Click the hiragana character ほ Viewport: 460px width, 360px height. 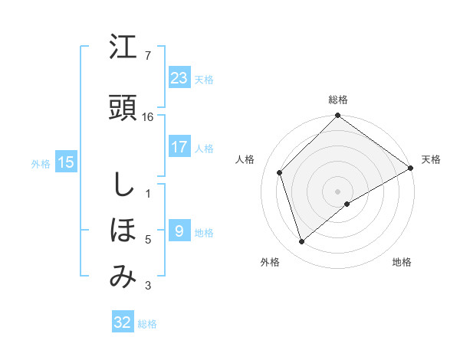click(x=123, y=230)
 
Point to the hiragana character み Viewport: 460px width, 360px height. click(x=123, y=277)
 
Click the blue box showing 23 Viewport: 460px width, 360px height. click(x=179, y=77)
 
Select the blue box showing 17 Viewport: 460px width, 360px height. click(x=179, y=147)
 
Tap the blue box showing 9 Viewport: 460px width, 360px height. click(x=179, y=231)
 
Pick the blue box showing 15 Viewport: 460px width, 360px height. click(x=66, y=162)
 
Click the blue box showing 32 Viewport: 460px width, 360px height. click(x=123, y=322)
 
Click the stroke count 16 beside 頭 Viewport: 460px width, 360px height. click(x=149, y=116)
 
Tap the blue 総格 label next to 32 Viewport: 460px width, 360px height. click(x=147, y=324)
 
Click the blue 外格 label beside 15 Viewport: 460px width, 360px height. click(x=41, y=163)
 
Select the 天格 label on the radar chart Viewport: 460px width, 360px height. click(x=431, y=159)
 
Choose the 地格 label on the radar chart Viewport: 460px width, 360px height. click(x=402, y=262)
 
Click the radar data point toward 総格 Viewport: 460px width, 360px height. click(x=337, y=116)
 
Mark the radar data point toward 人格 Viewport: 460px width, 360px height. click(x=280, y=172)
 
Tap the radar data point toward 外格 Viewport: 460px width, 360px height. click(x=302, y=242)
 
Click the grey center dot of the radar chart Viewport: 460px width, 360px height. click(x=337, y=191)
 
